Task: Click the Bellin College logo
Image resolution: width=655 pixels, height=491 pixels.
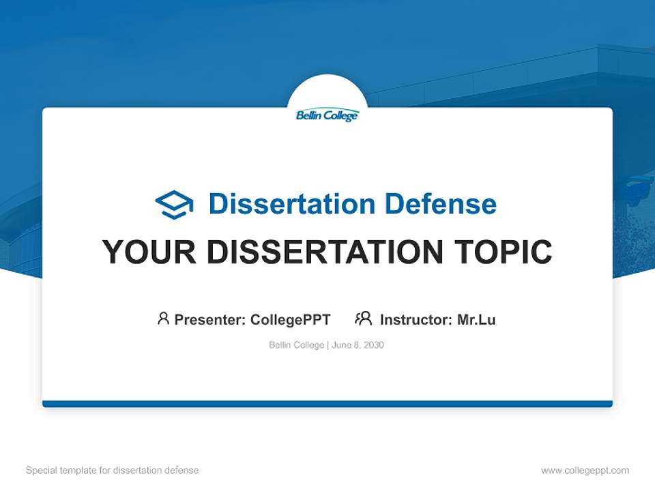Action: (327, 115)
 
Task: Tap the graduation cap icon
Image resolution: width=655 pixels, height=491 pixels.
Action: (174, 204)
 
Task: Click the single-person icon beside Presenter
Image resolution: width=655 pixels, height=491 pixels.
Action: (163, 318)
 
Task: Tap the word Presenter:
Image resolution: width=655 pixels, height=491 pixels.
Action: (210, 319)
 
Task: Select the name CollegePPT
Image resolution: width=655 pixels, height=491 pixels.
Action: (291, 319)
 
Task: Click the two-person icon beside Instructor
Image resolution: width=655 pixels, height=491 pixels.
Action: (364, 318)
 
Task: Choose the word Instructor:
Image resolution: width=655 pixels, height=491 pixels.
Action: (416, 319)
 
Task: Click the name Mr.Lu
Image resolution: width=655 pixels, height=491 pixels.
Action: (476, 319)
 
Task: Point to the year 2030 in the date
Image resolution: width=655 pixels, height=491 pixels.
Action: (373, 345)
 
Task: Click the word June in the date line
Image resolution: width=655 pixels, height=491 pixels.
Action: (342, 345)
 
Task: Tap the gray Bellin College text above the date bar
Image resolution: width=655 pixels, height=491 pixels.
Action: (297, 345)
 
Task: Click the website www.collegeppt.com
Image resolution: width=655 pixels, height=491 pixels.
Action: (585, 471)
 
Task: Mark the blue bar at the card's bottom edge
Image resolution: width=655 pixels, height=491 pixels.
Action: (327, 404)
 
